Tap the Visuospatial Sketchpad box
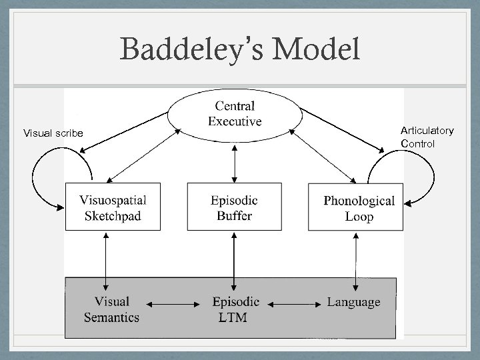[x=113, y=207]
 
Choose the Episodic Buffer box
[x=234, y=207]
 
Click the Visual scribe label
[x=53, y=133]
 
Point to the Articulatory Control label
[x=427, y=137]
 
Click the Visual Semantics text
[x=111, y=309]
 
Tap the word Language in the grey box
[x=353, y=302]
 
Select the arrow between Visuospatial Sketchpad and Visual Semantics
[x=106, y=255]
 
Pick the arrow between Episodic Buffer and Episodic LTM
[x=234, y=255]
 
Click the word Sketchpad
[x=113, y=215]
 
